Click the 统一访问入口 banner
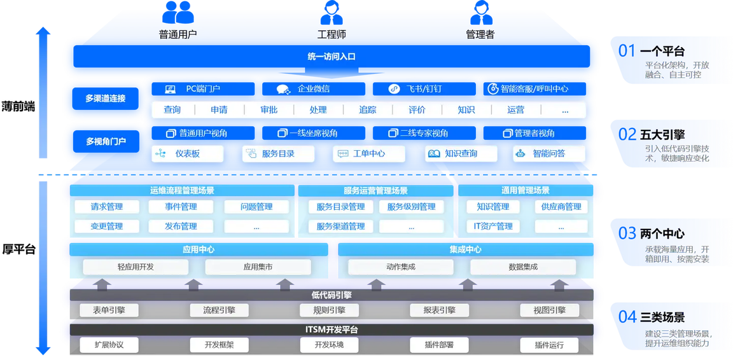click(332, 57)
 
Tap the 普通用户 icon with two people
click(178, 13)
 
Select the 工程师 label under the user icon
click(332, 34)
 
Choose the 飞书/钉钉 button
click(424, 89)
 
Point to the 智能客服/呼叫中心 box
click(534, 89)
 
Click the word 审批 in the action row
click(269, 110)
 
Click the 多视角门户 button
click(106, 141)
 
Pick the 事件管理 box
click(181, 207)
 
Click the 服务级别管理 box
click(411, 207)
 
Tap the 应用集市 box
click(258, 267)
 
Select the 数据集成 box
click(523, 267)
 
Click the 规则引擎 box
click(329, 310)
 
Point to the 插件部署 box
click(439, 345)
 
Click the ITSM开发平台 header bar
click(332, 329)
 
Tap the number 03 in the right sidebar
click(627, 232)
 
